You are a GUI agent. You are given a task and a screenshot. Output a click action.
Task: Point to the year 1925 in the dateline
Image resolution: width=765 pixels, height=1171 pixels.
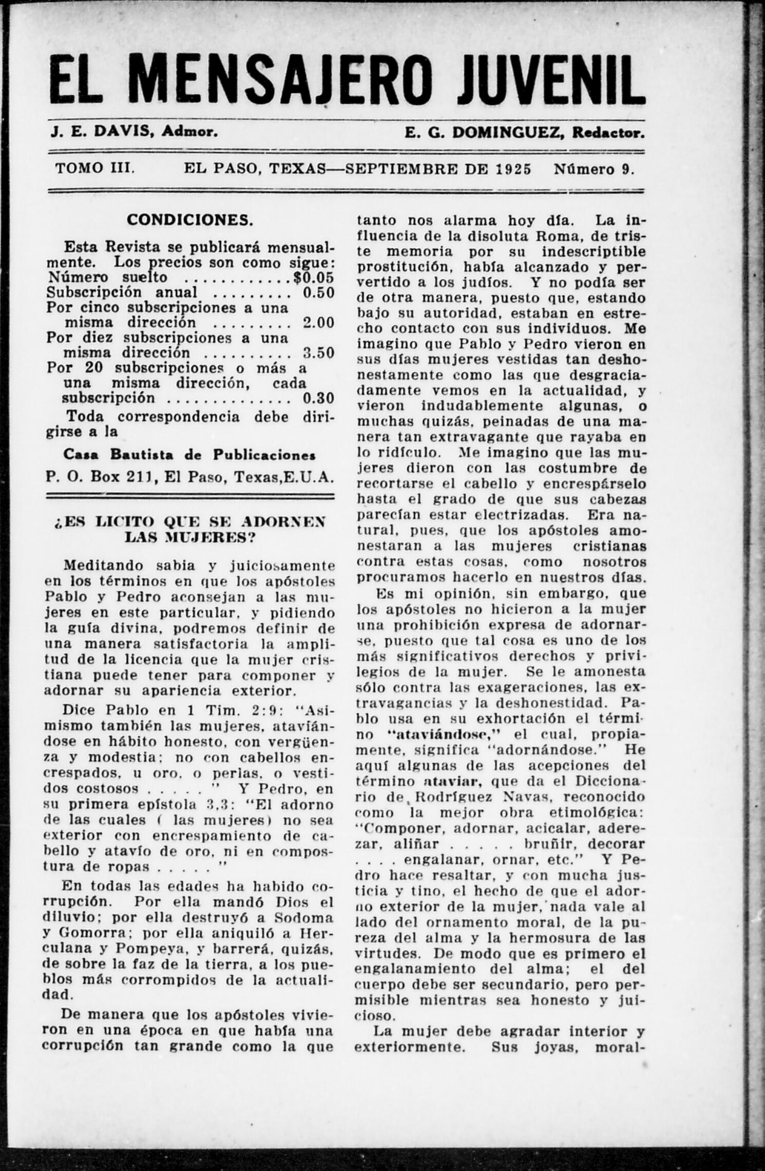(x=514, y=169)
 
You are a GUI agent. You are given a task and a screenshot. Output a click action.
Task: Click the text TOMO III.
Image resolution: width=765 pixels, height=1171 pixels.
(x=95, y=169)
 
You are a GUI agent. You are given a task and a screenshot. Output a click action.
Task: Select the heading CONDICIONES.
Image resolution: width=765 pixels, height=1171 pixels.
(x=190, y=220)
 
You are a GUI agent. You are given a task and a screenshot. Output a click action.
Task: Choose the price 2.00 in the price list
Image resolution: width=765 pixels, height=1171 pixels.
(x=318, y=323)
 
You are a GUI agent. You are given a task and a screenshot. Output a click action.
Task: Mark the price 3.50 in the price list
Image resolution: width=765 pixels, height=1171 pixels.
(x=318, y=353)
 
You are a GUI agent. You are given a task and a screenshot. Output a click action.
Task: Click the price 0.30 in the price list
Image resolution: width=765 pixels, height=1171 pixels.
(x=318, y=398)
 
